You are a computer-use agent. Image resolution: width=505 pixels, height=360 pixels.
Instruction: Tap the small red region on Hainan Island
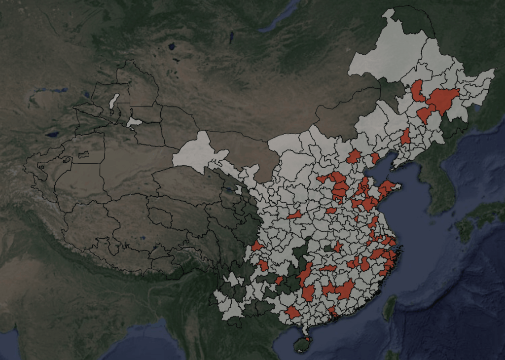pos(308,339)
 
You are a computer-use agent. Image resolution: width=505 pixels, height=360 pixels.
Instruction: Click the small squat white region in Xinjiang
pos(134,122)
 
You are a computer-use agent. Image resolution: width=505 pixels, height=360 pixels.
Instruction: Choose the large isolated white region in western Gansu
pos(197,150)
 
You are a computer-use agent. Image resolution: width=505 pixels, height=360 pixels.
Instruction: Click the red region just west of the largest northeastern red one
pos(418,91)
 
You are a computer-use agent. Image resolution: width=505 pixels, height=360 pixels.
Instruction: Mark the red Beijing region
pos(354,157)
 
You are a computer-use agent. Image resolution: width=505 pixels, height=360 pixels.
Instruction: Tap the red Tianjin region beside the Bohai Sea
pos(375,158)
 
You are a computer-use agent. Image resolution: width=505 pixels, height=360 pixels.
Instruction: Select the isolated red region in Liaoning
pos(405,137)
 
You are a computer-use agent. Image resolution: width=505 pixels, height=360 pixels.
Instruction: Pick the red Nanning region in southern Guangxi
pos(292,313)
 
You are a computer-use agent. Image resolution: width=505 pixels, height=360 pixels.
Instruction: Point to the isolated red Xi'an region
pos(295,215)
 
